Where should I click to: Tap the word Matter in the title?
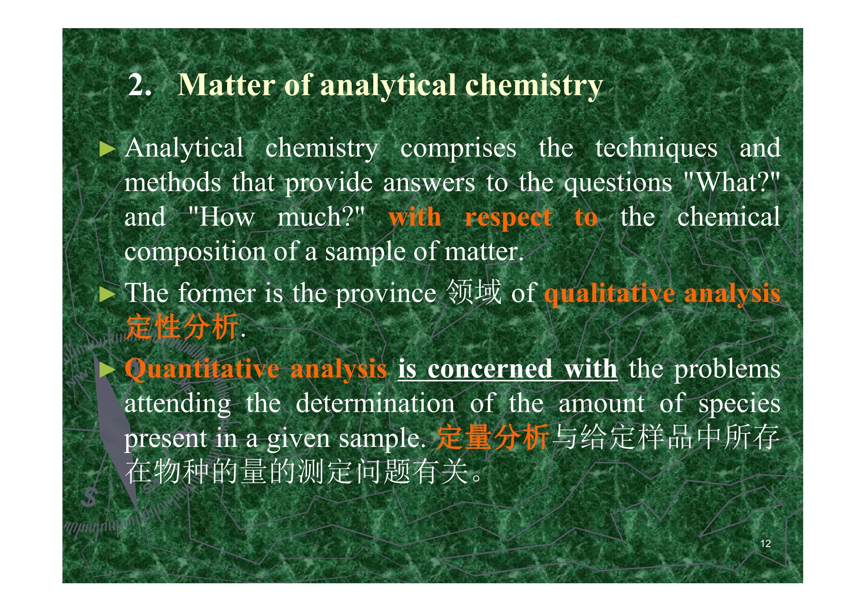226,84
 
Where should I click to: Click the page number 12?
765,543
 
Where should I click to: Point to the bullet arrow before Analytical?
107,149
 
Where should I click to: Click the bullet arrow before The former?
107,294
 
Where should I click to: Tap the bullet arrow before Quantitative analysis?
107,370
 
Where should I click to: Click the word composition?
195,253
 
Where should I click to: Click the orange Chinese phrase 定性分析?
182,327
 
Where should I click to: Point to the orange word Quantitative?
202,369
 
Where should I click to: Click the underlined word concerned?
490,369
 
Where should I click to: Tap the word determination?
375,404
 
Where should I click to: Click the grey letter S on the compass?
89,497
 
